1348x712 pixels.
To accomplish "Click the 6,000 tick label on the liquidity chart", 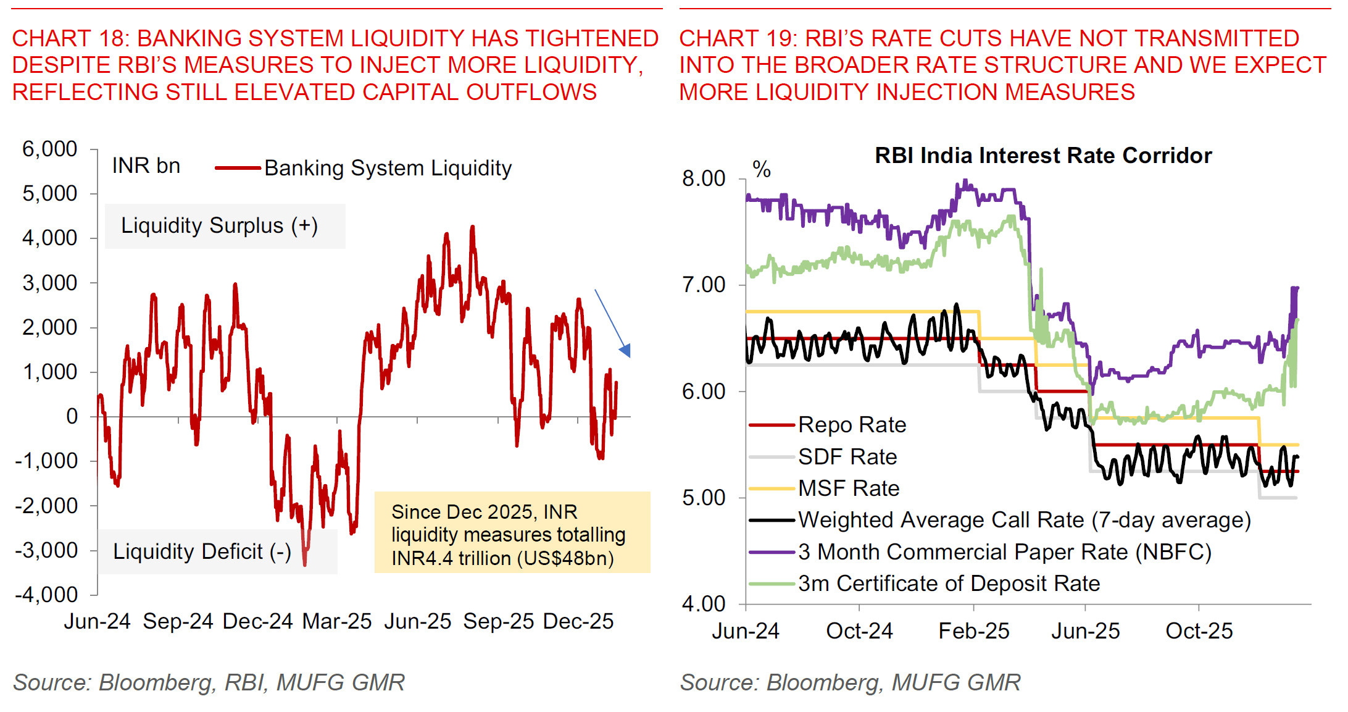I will click(49, 149).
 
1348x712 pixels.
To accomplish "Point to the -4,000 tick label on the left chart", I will click(46, 595).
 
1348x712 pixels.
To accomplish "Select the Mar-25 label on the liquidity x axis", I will click(337, 621).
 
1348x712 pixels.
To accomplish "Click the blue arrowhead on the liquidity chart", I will click(626, 351).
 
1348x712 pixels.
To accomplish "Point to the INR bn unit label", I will click(146, 166).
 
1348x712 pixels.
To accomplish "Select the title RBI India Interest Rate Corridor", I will click(1043, 156).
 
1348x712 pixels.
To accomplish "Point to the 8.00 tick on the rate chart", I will click(704, 179).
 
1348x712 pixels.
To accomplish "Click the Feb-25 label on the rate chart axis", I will click(973, 631).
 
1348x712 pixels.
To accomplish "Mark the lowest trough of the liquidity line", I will click(305, 563).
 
